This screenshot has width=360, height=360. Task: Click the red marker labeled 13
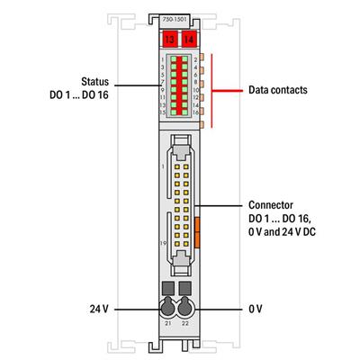tap(169, 39)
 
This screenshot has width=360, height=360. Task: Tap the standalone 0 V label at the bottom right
tap(256, 308)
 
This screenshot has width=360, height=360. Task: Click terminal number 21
tap(166, 321)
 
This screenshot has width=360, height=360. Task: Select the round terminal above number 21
tap(168, 307)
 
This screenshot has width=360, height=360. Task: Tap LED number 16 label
tap(194, 112)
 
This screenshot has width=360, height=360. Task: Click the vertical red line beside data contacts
tap(213, 90)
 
